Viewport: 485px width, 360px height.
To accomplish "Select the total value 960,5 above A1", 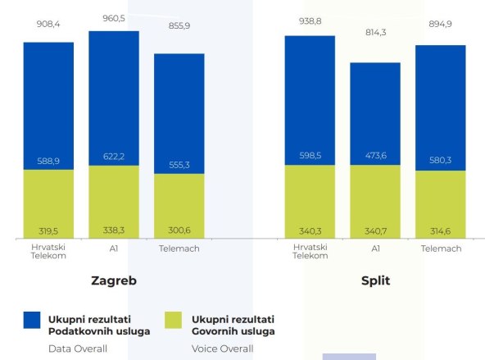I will [114, 16].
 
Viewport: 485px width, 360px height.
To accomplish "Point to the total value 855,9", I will [179, 25].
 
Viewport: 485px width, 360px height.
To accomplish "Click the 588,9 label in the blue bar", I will [48, 162].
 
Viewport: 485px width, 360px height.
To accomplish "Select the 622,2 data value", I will [114, 157].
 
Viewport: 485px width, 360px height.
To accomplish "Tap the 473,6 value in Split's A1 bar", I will [375, 157].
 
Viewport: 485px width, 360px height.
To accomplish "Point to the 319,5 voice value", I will [48, 230].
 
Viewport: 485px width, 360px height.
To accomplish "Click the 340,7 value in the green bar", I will [375, 230].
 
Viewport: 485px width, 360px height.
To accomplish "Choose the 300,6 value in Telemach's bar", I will [179, 230].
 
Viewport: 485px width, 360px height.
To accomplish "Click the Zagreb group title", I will [113, 280].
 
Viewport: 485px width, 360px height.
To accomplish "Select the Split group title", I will [375, 280].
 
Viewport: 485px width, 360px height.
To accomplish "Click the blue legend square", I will [33, 321].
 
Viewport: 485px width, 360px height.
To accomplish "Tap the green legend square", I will [175, 321].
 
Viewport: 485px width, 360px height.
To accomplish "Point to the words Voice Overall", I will [222, 349].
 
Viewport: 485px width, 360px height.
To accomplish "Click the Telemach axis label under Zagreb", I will [179, 248].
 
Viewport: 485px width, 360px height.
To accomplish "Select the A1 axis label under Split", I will [375, 248].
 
